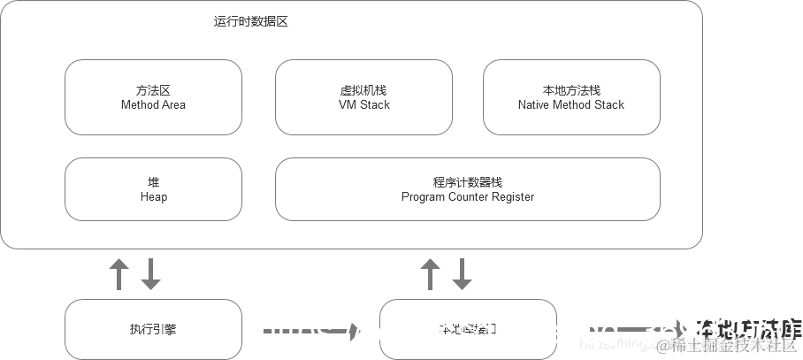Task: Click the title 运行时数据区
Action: [x=250, y=22]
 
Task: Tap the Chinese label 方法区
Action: [x=153, y=90]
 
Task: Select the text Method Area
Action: [x=153, y=104]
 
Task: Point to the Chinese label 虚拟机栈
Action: [x=363, y=90]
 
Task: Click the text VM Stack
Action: [x=363, y=104]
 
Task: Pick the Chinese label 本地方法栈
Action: [x=570, y=90]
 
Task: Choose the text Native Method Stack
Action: [x=570, y=104]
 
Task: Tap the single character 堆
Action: [x=153, y=182]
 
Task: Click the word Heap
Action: [x=153, y=196]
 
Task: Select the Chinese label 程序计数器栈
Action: [x=467, y=182]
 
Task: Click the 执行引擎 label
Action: [x=153, y=329]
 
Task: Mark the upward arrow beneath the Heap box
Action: [x=119, y=274]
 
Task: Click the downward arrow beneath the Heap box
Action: [x=151, y=274]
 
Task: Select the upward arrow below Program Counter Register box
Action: [x=430, y=274]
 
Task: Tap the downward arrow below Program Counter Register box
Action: [x=462, y=274]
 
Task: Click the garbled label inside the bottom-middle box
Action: [x=467, y=329]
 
